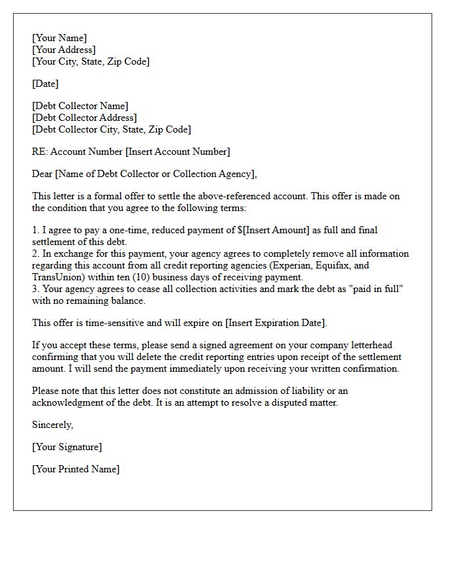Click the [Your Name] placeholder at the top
(x=59, y=39)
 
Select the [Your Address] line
(x=64, y=50)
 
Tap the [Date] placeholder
(x=45, y=84)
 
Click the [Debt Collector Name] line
(x=80, y=106)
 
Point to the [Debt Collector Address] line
(x=84, y=118)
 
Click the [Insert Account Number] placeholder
(x=178, y=152)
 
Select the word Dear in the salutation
(x=42, y=174)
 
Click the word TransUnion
(x=55, y=277)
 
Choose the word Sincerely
(x=52, y=425)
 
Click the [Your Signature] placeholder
(x=67, y=447)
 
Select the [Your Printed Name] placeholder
(x=76, y=469)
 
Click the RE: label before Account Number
(x=40, y=152)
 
